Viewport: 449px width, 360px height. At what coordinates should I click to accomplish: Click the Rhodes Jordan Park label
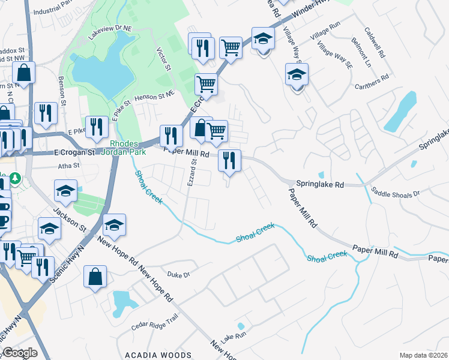[x=125, y=148]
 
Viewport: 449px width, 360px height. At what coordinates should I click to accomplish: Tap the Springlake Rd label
[x=319, y=185]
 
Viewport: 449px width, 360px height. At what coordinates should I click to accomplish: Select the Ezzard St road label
[x=191, y=172]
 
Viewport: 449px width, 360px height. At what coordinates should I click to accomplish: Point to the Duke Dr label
[x=178, y=274]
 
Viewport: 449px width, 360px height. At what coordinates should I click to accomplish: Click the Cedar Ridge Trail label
[x=155, y=325]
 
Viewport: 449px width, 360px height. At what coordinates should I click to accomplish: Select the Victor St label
[x=161, y=59]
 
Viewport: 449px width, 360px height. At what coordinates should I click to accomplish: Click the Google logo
[x=20, y=353]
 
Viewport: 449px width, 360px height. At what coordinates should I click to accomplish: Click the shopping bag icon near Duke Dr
[x=95, y=277]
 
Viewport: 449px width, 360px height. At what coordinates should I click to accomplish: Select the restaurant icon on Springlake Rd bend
[x=230, y=160]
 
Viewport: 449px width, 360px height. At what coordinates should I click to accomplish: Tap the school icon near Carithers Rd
[x=297, y=76]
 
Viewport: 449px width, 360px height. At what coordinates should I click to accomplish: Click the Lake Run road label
[x=233, y=339]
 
